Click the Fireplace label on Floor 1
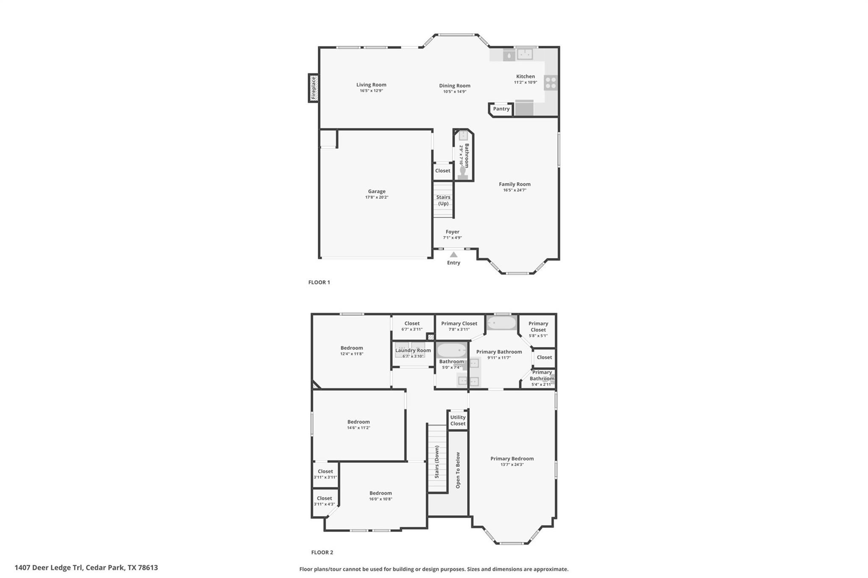coord(314,88)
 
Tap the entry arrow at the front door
coord(453,255)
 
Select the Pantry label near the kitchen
coord(501,109)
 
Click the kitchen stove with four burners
coord(551,83)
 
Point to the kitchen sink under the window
coord(525,54)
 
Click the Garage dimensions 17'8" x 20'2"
coord(376,197)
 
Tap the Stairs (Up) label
coord(443,200)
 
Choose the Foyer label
coord(452,232)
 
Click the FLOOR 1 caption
coord(319,282)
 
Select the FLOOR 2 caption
coord(322,552)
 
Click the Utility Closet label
coord(458,420)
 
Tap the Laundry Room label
coord(413,350)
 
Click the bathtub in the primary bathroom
coord(501,323)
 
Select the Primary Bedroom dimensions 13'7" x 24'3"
coord(512,464)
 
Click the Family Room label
coord(515,184)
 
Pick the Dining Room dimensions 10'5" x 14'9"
coord(454,92)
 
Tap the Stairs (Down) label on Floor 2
coord(437,461)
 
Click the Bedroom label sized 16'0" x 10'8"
coord(380,493)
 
